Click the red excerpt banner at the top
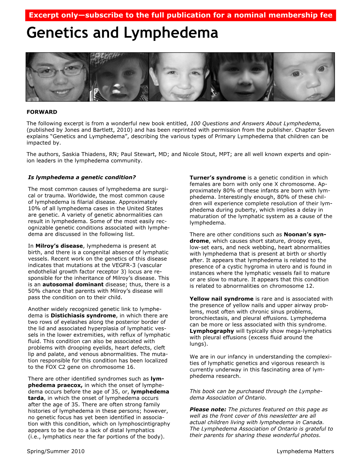tap(180, 15)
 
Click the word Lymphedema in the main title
tap(171, 33)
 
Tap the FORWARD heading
tap(42, 112)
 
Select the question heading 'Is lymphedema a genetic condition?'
tap(82, 177)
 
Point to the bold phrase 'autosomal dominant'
tap(73, 284)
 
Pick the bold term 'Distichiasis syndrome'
tap(83, 315)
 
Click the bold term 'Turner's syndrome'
tap(217, 178)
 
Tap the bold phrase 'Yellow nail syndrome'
tap(221, 299)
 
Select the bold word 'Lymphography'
tap(212, 331)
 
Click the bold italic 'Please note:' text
tap(208, 409)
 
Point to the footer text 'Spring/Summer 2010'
tap(56, 451)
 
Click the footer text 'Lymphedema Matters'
tap(305, 451)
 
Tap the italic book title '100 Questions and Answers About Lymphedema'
tap(256, 123)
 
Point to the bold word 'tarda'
tap(36, 398)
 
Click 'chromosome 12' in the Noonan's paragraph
tap(294, 286)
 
